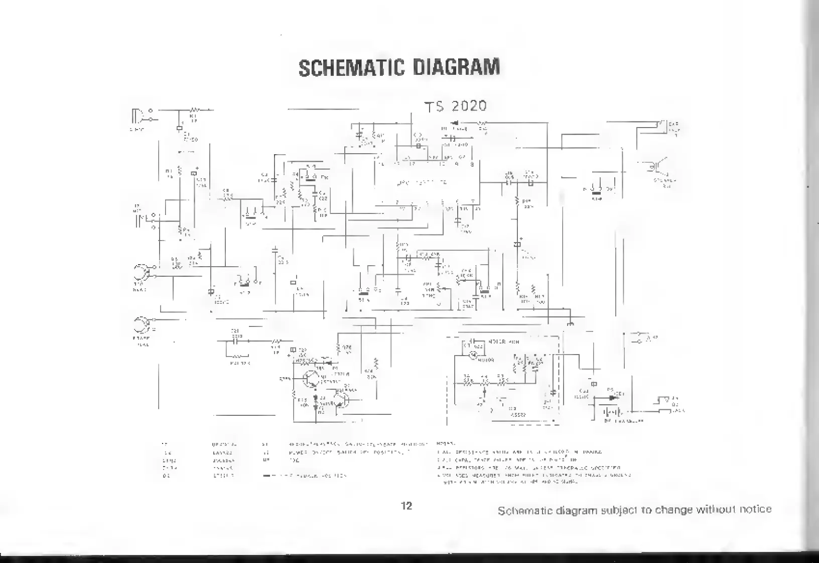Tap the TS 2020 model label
pyautogui.click(x=456, y=106)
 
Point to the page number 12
pyautogui.click(x=407, y=506)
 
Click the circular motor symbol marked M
pyautogui.click(x=472, y=355)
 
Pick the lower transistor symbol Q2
pyautogui.click(x=342, y=398)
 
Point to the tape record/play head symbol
pyautogui.click(x=141, y=274)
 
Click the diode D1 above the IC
pyautogui.click(x=456, y=122)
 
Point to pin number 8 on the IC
pyautogui.click(x=472, y=164)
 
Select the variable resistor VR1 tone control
pyautogui.click(x=439, y=288)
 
